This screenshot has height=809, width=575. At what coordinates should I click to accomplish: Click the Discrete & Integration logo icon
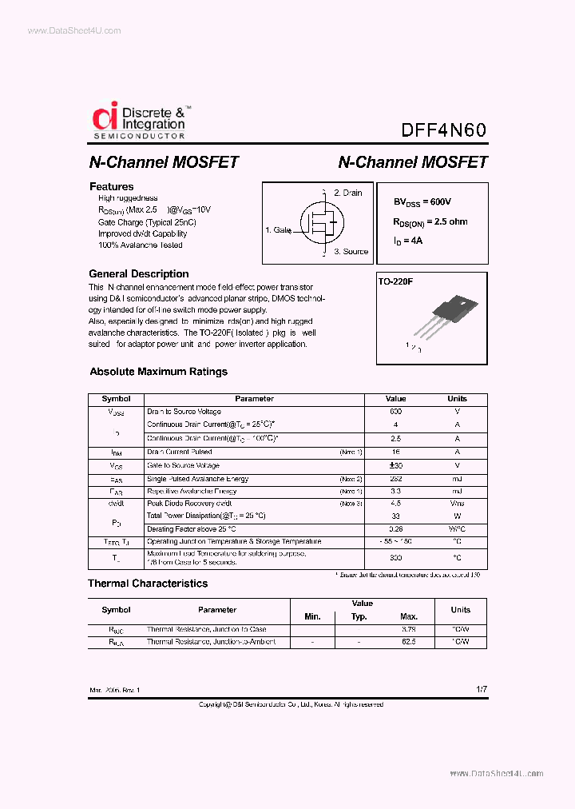[105, 118]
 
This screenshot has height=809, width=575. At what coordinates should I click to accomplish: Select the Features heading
[111, 186]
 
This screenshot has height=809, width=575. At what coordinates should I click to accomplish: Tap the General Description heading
[138, 273]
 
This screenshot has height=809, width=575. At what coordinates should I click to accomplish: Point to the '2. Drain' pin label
[347, 193]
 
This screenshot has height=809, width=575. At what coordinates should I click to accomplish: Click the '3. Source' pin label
[351, 251]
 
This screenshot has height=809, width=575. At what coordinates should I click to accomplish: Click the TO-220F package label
[395, 282]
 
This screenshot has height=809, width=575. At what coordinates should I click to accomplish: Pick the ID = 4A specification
[407, 240]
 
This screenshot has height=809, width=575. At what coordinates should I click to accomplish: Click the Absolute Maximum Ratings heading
[158, 372]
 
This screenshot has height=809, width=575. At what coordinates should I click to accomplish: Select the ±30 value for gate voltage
[395, 465]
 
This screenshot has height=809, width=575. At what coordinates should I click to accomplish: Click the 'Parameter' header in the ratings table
[254, 398]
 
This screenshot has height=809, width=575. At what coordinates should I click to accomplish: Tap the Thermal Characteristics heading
[148, 584]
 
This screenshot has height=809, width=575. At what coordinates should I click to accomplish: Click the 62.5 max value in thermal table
[409, 642]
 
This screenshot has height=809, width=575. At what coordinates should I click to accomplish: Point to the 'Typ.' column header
[359, 616]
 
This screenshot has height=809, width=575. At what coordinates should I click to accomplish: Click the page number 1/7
[480, 688]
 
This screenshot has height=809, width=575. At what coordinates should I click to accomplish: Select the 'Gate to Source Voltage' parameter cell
[183, 465]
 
